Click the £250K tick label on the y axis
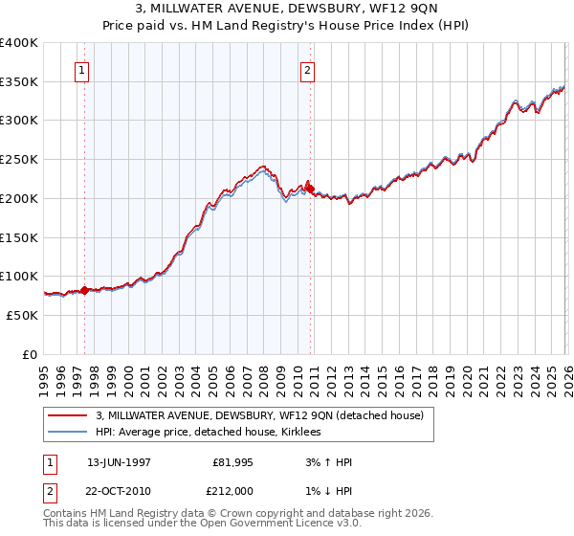19,160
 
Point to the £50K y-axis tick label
22,315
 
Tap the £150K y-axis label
19,237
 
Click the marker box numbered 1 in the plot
82,69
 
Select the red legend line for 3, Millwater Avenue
69,415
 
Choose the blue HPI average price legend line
69,433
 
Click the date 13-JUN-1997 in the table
119,462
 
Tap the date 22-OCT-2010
119,491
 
